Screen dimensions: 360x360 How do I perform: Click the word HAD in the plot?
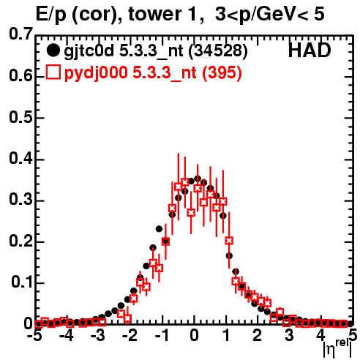310,50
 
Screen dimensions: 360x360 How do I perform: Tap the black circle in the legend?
53,50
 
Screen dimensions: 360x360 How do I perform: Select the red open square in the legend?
53,72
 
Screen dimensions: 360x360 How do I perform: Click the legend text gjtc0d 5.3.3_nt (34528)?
156,51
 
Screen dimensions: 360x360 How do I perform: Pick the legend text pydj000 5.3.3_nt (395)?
153,72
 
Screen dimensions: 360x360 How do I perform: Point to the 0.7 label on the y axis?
20,34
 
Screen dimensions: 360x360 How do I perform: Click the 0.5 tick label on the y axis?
20,117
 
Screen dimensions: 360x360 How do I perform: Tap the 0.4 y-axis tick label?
20,159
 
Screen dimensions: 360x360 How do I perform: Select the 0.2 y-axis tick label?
20,241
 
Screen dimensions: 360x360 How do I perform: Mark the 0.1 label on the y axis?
22,282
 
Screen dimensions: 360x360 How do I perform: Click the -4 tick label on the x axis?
67,335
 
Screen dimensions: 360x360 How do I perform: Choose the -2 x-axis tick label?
130,335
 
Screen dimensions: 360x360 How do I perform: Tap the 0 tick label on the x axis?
194,335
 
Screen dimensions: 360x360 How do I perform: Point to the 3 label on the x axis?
289,335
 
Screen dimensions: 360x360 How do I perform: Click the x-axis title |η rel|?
337,348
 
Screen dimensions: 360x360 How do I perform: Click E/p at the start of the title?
51,15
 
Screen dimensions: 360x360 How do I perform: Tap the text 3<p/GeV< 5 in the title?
270,15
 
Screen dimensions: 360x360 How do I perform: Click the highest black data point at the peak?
198,179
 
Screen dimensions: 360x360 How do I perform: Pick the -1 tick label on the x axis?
162,335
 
